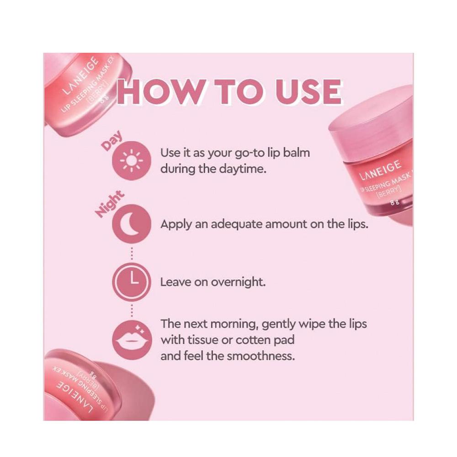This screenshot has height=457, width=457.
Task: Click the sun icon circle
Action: pos(132,160)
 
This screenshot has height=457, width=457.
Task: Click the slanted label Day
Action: pos(112,141)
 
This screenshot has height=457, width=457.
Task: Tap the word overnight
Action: pos(238,282)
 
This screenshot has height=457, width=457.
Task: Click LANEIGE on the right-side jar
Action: pos(380,170)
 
